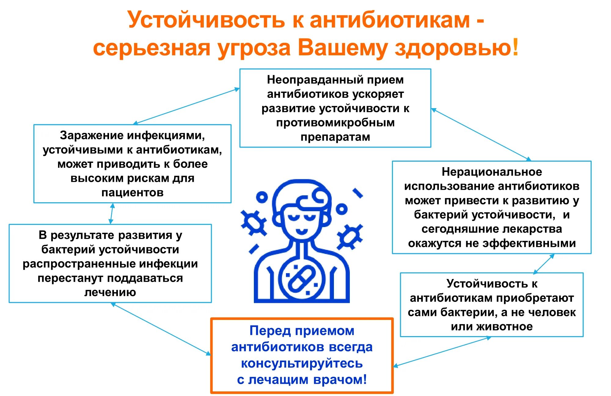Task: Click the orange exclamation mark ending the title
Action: (x=515, y=47)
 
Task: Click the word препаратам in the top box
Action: (x=335, y=137)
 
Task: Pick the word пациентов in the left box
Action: (x=132, y=193)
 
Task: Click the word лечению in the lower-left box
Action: (x=110, y=292)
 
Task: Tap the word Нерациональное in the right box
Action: (x=492, y=172)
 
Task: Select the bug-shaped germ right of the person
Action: (x=350, y=237)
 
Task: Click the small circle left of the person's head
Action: (x=262, y=197)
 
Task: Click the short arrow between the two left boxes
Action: (x=112, y=214)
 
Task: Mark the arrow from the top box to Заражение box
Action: (x=186, y=106)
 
